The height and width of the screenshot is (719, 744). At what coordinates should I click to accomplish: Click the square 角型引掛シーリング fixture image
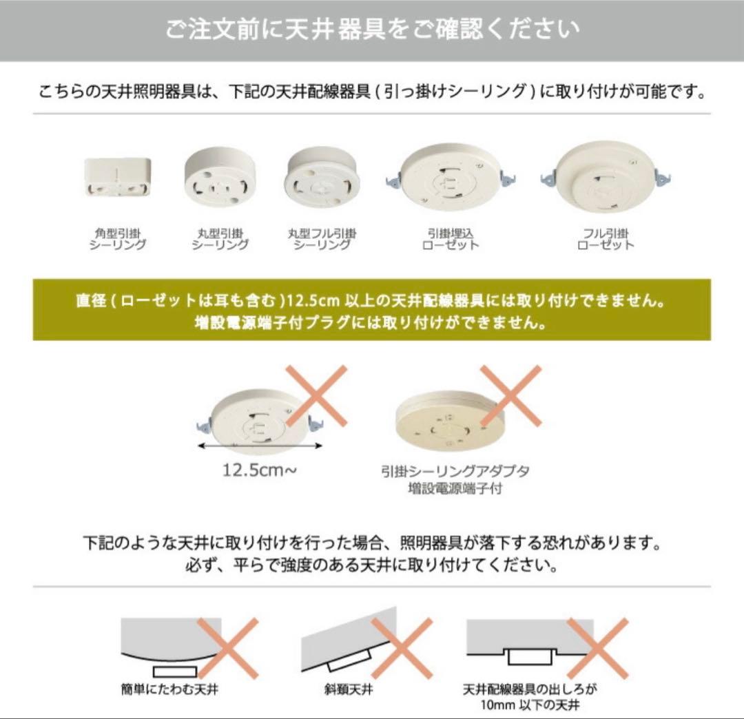[118, 178]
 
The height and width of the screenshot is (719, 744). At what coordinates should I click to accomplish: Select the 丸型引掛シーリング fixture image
[220, 177]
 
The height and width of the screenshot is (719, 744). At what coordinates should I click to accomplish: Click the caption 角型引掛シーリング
[118, 239]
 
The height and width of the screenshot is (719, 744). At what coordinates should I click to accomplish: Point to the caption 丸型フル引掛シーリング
[323, 239]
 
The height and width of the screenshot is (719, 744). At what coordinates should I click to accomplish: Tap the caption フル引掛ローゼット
[606, 239]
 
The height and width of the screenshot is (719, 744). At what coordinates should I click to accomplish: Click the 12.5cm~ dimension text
[260, 471]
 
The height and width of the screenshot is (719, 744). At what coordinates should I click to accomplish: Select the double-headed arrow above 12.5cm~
[259, 446]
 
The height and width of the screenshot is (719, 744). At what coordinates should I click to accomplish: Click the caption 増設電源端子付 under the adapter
[455, 489]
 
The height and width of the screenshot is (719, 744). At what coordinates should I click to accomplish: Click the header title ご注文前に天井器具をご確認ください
[372, 30]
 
